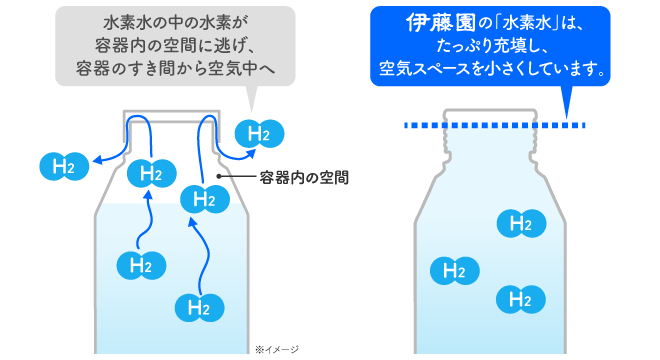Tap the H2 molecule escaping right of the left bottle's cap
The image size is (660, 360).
coord(259,133)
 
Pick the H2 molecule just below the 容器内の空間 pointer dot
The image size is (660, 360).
coord(204,198)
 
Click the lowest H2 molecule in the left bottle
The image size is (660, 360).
coord(197,306)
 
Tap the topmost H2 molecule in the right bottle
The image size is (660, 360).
coord(519,223)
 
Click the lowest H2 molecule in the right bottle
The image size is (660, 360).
coord(519,298)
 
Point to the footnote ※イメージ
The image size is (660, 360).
coord(277,350)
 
